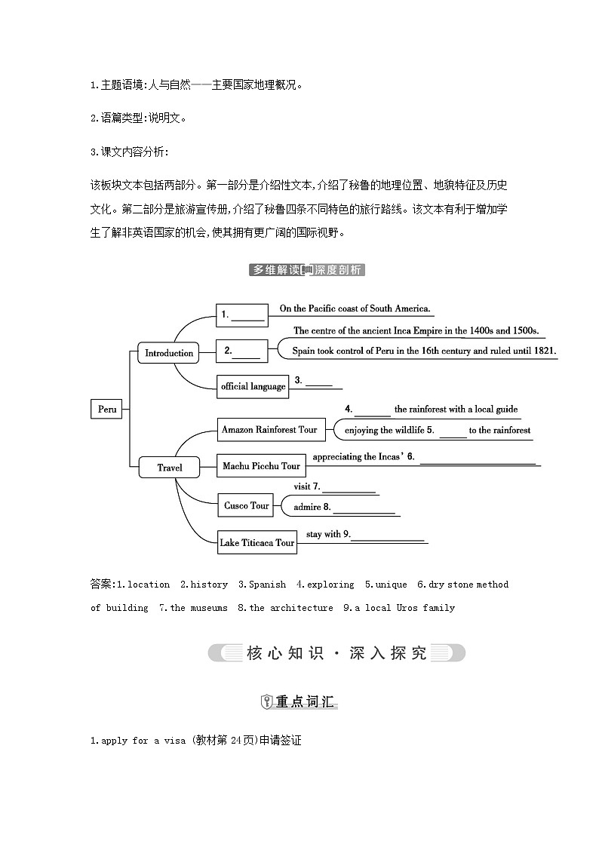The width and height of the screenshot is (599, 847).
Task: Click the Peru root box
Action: click(x=107, y=409)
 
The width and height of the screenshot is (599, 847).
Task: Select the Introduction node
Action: click(x=169, y=353)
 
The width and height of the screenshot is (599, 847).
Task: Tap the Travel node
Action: click(x=170, y=468)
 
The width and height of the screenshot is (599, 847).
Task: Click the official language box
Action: click(x=253, y=386)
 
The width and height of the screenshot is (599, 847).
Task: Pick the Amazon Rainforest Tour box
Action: click(x=270, y=429)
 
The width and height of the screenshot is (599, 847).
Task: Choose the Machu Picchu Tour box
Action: click(x=261, y=466)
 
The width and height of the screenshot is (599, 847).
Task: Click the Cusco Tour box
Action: click(x=246, y=505)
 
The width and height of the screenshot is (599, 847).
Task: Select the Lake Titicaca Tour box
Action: click(x=256, y=542)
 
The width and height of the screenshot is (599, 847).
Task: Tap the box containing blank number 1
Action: click(x=242, y=315)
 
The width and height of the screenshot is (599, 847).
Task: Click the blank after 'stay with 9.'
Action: click(x=388, y=539)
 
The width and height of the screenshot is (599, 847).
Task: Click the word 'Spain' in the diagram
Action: click(x=304, y=351)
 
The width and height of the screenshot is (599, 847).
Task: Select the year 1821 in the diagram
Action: click(x=543, y=351)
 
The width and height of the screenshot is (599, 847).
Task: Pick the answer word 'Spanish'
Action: click(x=268, y=585)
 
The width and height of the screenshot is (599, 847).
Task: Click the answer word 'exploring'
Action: click(x=330, y=585)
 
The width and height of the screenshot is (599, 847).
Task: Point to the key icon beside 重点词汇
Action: click(x=266, y=702)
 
